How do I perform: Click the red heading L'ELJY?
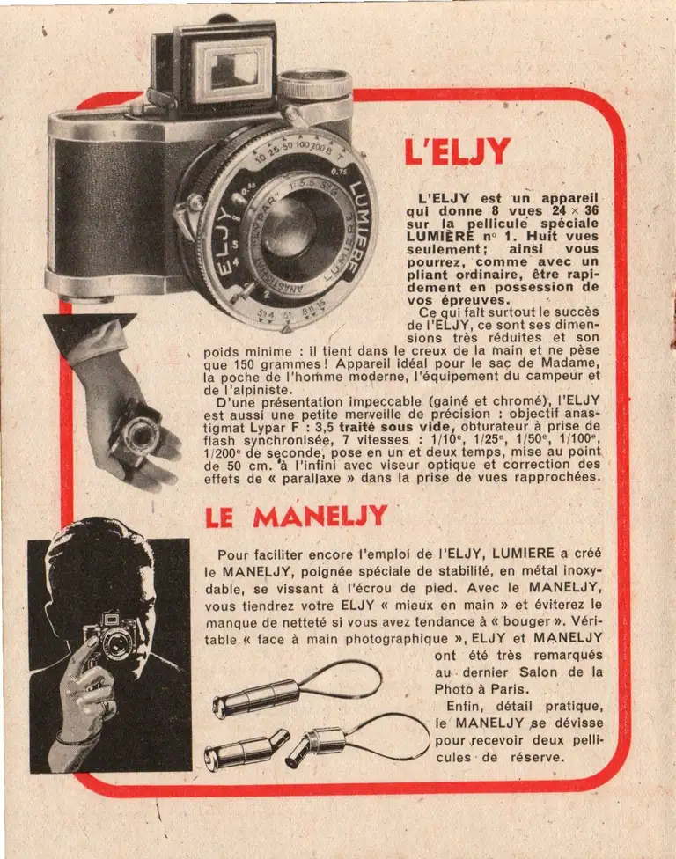(x=457, y=152)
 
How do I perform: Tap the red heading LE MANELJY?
(x=295, y=517)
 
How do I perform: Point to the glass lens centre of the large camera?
(x=288, y=226)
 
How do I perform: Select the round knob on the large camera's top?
(x=314, y=85)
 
